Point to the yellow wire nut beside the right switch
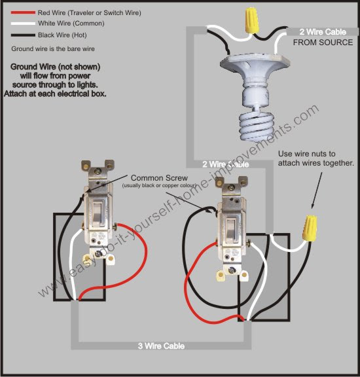tap(309, 228)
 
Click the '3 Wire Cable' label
tap(161, 346)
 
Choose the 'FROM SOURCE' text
tap(322, 43)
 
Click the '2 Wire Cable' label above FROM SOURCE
tap(322, 31)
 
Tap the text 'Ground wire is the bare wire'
tap(58, 49)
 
